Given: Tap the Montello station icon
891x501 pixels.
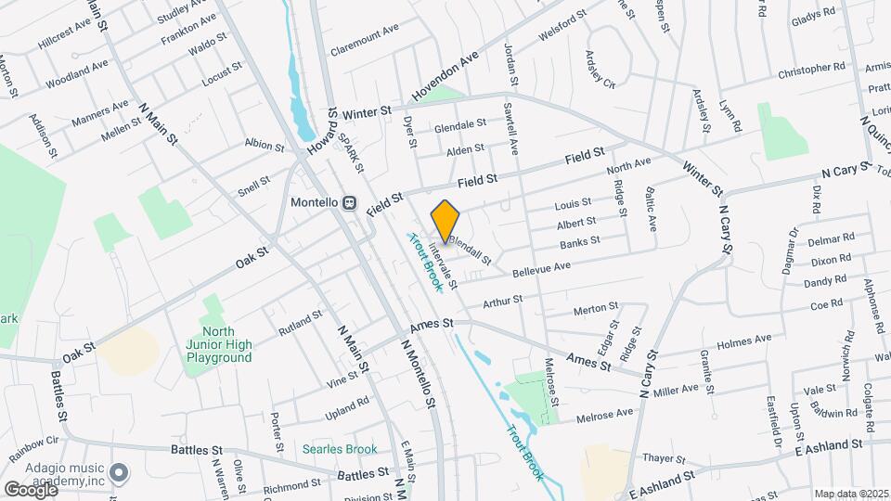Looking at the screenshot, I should pyautogui.click(x=350, y=203).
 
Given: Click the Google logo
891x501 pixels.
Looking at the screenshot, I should pyautogui.click(x=30, y=489).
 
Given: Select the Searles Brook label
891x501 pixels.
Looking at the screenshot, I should pyautogui.click(x=340, y=449).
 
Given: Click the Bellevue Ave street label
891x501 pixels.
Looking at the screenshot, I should pyautogui.click(x=542, y=267).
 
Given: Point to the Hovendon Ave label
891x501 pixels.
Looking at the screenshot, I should pyautogui.click(x=445, y=71).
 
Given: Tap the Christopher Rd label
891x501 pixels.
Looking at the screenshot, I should pyautogui.click(x=812, y=69).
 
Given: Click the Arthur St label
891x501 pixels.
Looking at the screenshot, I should pyautogui.click(x=503, y=301).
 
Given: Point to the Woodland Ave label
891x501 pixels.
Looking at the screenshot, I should pyautogui.click(x=77, y=73).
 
